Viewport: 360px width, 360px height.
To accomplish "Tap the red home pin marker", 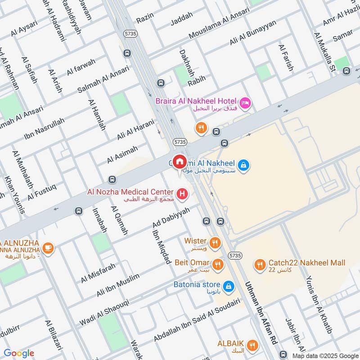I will click(180, 162).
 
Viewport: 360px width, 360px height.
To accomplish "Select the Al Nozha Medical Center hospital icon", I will click(183, 194).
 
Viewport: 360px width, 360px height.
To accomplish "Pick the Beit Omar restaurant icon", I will click(218, 265).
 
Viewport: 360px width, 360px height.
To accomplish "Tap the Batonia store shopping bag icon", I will click(229, 286).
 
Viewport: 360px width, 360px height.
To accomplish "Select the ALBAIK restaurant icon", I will click(253, 346).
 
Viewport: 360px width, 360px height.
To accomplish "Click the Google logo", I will click(19, 353).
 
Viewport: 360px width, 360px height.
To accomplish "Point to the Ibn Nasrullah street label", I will click(44, 130).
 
